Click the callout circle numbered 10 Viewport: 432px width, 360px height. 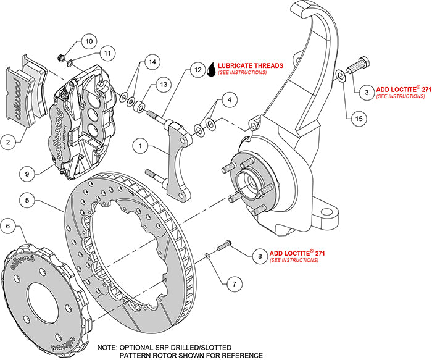(x=88, y=42)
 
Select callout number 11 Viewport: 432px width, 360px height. (x=106, y=54)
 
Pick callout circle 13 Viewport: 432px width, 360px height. (x=163, y=84)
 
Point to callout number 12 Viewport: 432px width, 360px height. (x=197, y=70)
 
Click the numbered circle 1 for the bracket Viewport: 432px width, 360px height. (x=141, y=147)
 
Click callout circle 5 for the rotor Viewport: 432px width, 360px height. (x=28, y=199)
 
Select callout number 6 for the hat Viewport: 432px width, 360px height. (x=9, y=227)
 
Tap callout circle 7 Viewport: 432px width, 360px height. (x=233, y=285)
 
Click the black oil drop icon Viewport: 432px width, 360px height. (x=212, y=69)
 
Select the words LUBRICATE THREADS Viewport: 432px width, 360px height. (x=251, y=65)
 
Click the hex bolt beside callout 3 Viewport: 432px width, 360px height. (x=359, y=64)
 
